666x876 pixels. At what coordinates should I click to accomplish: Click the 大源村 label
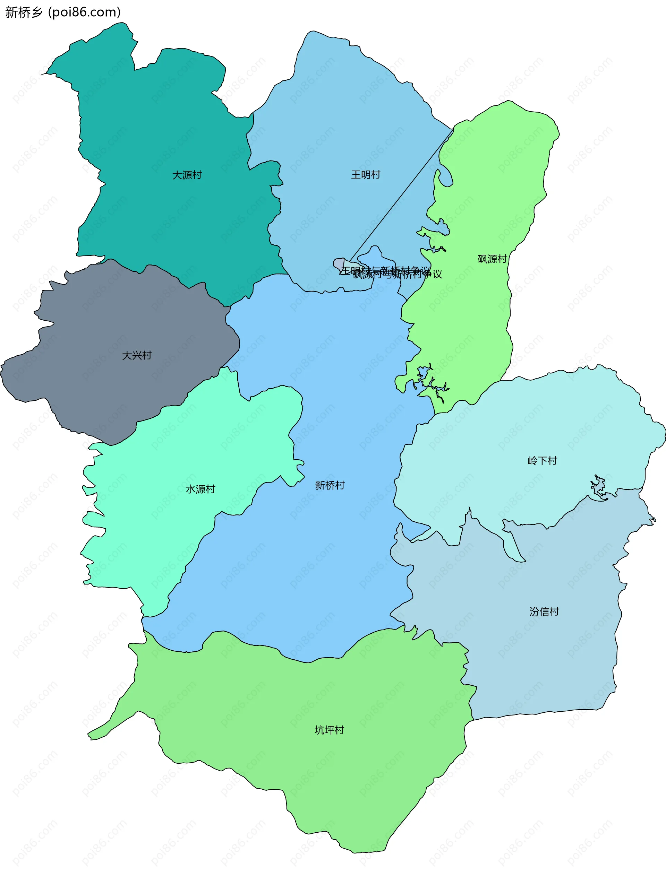tap(187, 175)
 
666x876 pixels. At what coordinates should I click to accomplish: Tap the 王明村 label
tap(366, 174)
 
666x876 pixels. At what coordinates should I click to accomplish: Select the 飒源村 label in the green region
tap(492, 259)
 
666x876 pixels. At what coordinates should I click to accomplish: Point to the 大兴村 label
tap(137, 355)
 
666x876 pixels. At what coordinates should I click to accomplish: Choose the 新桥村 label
tap(330, 485)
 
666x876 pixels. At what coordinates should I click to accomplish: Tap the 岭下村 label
tap(542, 460)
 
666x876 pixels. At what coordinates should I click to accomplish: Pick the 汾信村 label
tap(544, 612)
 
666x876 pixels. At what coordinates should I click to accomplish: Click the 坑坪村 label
tap(329, 730)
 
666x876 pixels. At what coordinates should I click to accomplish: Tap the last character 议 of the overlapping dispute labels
tap(437, 274)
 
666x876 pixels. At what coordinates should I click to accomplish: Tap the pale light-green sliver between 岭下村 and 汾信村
tap(514, 547)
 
